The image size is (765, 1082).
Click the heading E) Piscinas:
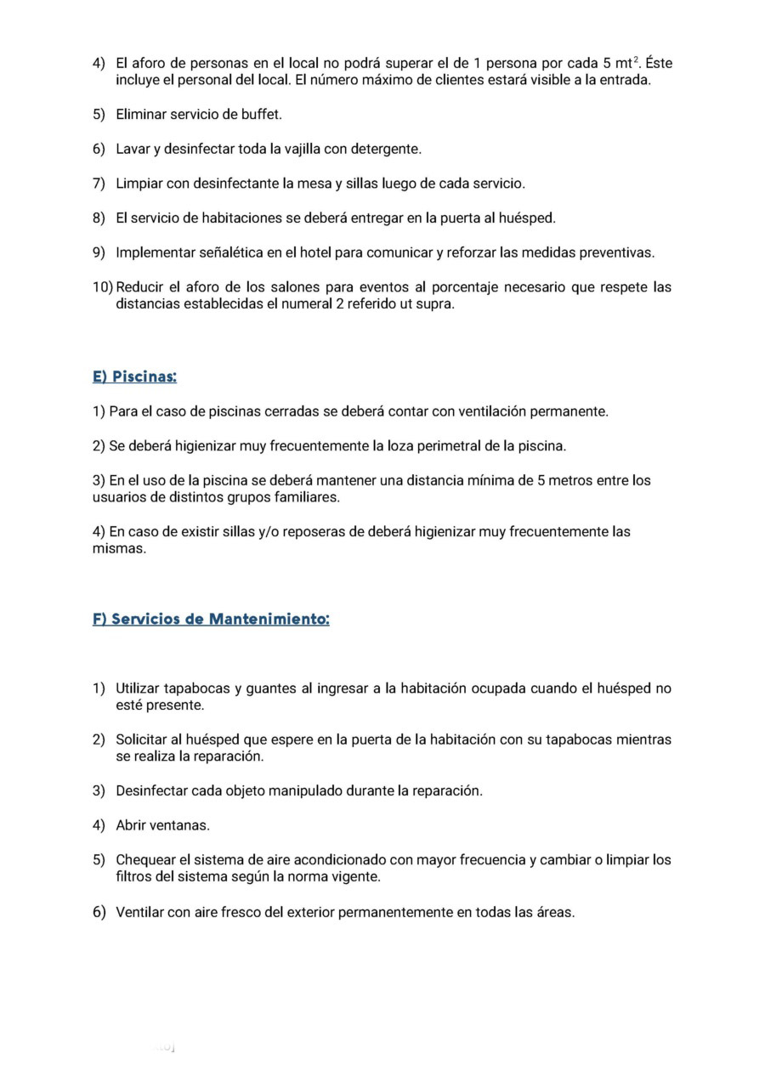coord(134,377)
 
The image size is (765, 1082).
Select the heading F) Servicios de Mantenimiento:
coord(211,619)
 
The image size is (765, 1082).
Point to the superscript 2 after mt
coord(637,59)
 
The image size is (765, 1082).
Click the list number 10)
coord(103,287)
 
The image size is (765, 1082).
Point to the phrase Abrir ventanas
coord(162,825)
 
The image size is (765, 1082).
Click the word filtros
coord(135,876)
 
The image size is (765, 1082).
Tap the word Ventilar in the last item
coord(141,912)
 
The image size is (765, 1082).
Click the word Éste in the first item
coord(659,63)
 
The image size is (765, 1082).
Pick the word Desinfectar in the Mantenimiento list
coord(151,790)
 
